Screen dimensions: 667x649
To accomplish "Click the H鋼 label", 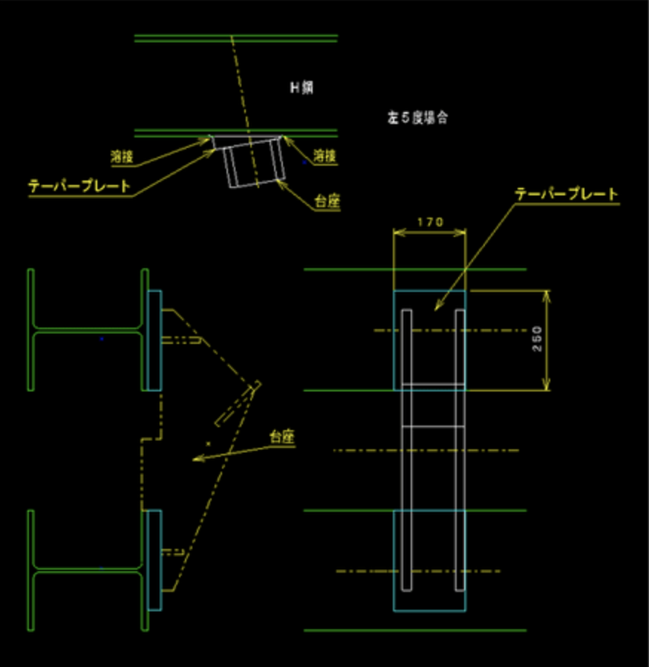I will pyautogui.click(x=301, y=88).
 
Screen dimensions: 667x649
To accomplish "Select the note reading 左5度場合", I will pyautogui.click(x=417, y=117).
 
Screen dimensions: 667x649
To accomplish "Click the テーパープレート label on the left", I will pyautogui.click(x=79, y=186).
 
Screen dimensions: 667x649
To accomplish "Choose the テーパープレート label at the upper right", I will pyautogui.click(x=567, y=195).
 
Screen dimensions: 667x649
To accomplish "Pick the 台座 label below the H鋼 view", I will pyautogui.click(x=327, y=201).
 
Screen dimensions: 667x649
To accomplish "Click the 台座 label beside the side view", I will pyautogui.click(x=282, y=437).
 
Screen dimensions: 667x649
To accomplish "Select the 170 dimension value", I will pyautogui.click(x=430, y=222).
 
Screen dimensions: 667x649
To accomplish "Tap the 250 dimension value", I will pyautogui.click(x=538, y=339).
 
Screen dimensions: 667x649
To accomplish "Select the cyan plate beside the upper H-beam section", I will pyautogui.click(x=154, y=339).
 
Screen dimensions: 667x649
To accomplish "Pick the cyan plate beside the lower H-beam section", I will pyautogui.click(x=154, y=560).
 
